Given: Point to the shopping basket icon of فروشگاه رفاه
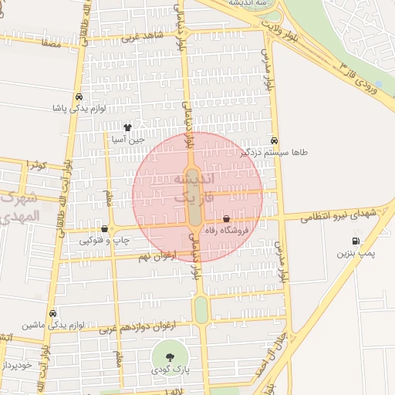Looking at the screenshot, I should [x=226, y=219].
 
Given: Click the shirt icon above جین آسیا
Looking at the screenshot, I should [x=127, y=127].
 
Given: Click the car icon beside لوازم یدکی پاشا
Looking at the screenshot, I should [x=79, y=97].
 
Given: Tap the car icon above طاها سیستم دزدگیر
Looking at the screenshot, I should [x=275, y=140].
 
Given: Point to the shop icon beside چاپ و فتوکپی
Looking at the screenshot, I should [x=104, y=228].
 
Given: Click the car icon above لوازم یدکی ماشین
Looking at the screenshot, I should [x=52, y=313].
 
